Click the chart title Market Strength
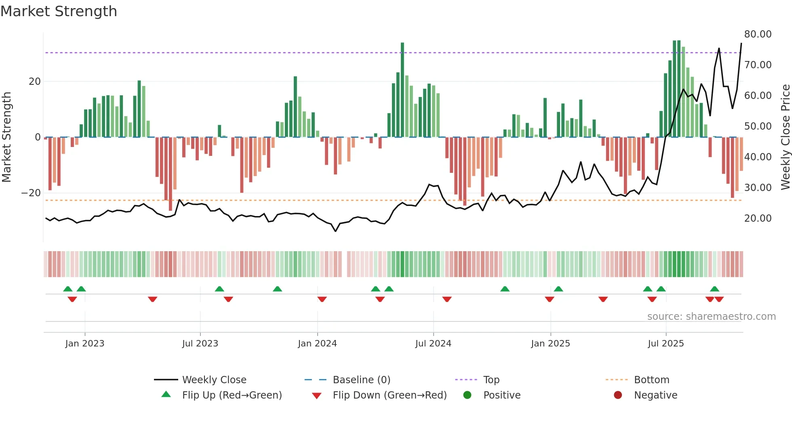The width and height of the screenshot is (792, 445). pos(59,11)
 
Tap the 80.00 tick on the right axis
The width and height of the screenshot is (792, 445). pos(758,34)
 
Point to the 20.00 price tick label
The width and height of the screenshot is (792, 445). pos(758,218)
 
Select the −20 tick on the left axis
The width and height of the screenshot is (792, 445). pos(31,193)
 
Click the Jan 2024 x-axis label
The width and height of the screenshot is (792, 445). pos(317,344)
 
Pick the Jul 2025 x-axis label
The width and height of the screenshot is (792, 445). pos(666,344)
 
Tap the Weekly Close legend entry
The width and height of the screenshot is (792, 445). pos(214,380)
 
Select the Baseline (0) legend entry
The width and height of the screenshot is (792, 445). pos(361,380)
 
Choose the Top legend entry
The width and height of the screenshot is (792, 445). pos(491,380)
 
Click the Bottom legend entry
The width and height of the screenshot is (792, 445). pos(651,380)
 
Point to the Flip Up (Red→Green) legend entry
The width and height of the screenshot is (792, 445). pos(232,395)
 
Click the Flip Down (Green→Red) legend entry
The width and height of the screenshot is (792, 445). pos(390,395)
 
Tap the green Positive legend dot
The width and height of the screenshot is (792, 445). pos(468,395)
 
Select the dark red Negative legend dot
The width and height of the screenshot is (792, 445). pos(618,395)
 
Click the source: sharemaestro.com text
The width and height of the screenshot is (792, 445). pos(711,317)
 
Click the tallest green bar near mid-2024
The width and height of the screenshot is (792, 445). pos(402,90)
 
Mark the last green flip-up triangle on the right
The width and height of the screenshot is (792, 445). pos(714,289)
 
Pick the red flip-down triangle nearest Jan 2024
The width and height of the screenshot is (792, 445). pos(322,299)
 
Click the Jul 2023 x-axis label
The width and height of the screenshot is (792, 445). pos(200,344)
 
